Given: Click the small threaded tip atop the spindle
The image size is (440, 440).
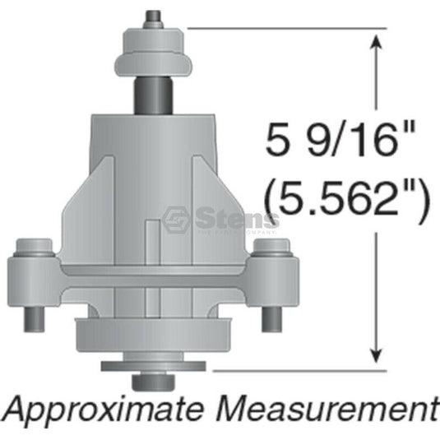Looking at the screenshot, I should pyautogui.click(x=153, y=16).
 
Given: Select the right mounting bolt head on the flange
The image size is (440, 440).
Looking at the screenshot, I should pyautogui.click(x=267, y=248).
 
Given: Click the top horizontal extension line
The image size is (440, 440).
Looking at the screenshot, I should pyautogui.click(x=288, y=29).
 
